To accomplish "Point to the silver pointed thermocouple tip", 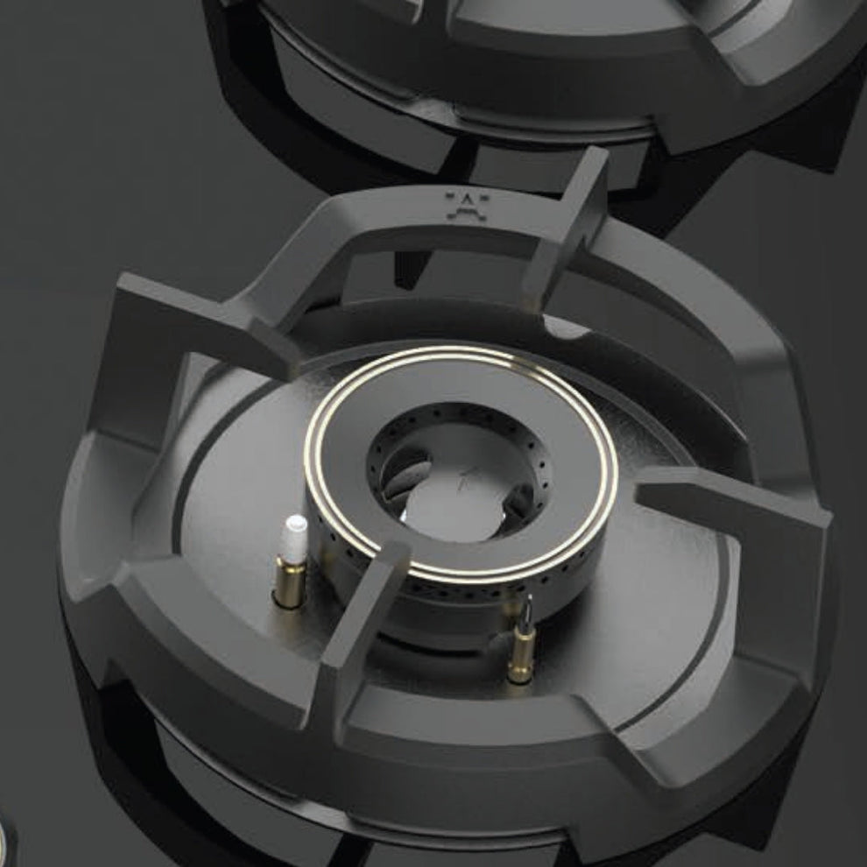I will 527,606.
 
